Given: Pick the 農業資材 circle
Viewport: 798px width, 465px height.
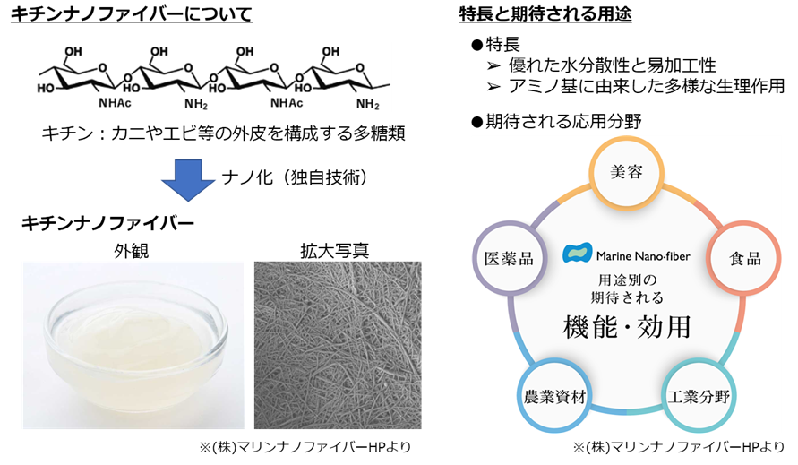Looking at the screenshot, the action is pos(552,395).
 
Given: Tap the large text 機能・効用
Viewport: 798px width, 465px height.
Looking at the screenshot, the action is pos(626,327).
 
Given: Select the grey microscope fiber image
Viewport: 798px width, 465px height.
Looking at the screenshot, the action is pos(336,344).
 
